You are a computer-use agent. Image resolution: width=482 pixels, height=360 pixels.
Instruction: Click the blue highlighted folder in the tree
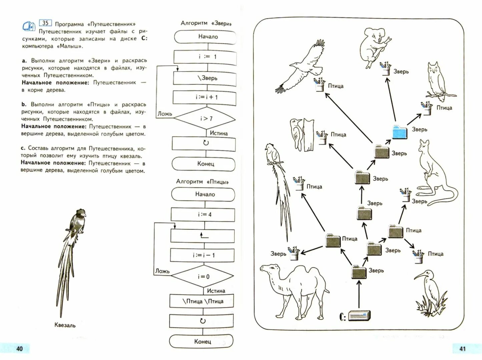pos(400,132)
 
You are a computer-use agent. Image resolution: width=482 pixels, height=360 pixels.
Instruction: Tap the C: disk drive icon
pos(359,315)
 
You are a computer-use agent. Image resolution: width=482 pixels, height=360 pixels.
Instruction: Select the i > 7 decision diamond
pos(205,118)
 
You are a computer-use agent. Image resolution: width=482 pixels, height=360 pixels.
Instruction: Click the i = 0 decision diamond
pos(202,276)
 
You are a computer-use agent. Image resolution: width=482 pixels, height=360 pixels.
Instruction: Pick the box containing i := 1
pos(205,57)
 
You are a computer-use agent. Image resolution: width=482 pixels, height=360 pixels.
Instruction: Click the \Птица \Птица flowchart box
pos(202,301)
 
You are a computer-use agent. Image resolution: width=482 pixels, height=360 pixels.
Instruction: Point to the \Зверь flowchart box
pos(205,78)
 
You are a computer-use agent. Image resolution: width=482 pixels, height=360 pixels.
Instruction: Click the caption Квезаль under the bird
pos(65,325)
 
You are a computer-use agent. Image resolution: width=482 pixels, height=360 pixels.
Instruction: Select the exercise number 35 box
pos(45,23)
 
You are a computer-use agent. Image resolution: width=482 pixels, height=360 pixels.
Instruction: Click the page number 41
pos(462,349)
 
